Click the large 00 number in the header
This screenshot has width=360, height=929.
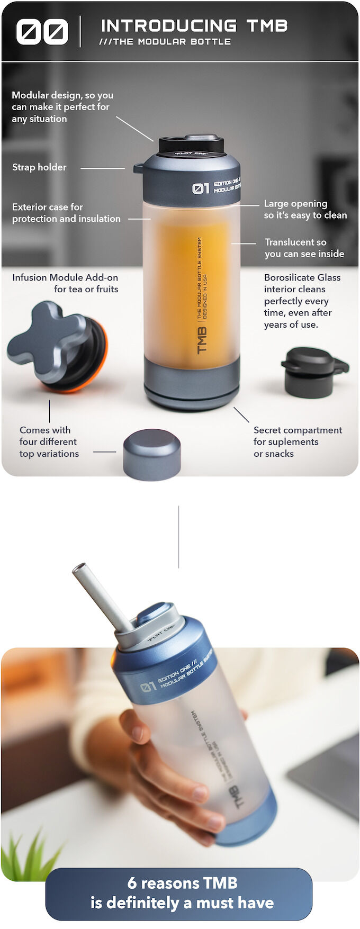click(x=42, y=32)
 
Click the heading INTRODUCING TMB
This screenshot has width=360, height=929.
click(x=194, y=25)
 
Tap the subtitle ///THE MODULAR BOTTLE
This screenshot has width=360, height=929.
click(x=165, y=42)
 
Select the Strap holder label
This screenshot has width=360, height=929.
click(x=39, y=167)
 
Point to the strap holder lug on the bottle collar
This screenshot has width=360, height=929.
click(x=138, y=169)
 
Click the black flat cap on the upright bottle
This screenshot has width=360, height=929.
click(x=191, y=145)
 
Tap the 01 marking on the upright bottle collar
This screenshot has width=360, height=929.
click(x=201, y=188)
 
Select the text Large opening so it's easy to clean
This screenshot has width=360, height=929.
click(x=305, y=210)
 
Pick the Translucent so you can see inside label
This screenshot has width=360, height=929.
click(x=304, y=248)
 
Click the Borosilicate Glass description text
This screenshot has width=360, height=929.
click(x=302, y=301)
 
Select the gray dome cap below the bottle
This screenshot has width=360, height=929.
click(x=152, y=454)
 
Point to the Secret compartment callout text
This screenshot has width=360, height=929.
click(x=297, y=442)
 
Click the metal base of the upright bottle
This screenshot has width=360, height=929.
click(x=192, y=381)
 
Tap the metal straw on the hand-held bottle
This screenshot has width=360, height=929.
click(x=101, y=596)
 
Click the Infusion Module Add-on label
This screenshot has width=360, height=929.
click(x=65, y=283)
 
